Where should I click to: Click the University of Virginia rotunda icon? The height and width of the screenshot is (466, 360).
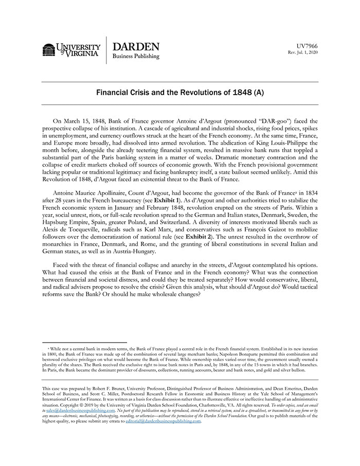coord(49,50)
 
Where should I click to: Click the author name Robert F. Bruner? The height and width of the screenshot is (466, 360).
coord(121,389)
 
